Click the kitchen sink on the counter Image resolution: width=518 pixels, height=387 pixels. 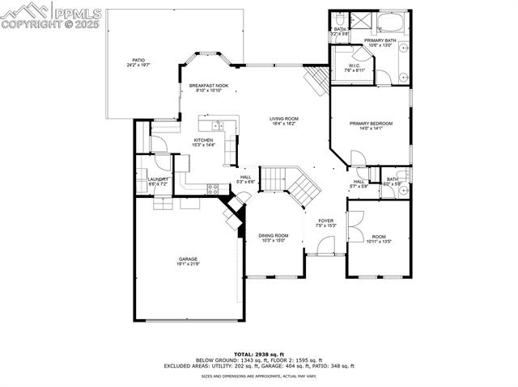coord(217,125)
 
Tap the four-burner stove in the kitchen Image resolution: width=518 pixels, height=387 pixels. coord(213,189)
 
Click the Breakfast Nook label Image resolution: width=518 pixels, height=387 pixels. coord(209,85)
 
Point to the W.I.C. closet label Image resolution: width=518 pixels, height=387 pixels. coord(355,65)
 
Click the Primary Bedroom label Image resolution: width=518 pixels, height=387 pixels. coord(371,124)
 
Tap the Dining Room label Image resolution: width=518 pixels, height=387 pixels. coord(274,235)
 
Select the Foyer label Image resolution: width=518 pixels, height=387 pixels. coord(325,221)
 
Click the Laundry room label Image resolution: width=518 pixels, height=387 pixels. coord(159,179)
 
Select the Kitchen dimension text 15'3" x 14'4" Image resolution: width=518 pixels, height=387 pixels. coord(203,145)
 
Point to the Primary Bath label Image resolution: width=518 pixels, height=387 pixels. coord(379,40)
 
